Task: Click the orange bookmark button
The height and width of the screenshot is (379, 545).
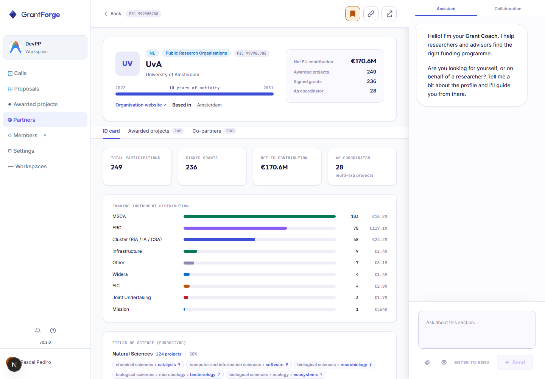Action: tap(353, 14)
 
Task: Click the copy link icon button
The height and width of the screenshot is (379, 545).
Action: tap(371, 14)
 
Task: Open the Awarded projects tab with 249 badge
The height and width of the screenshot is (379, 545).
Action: tap(156, 131)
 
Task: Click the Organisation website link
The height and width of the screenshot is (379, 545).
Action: tap(141, 105)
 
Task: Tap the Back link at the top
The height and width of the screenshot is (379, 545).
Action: tap(113, 14)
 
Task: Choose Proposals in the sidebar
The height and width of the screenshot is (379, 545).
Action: tap(23, 89)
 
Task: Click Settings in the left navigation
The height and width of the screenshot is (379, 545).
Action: tap(21, 151)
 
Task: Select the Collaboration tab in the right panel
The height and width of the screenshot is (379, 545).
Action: tap(508, 9)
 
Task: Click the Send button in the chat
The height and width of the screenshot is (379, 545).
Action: tap(515, 362)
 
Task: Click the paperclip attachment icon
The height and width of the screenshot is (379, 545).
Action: tap(427, 362)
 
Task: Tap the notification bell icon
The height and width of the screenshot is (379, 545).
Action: tap(38, 330)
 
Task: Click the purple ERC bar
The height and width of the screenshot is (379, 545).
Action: tap(235, 228)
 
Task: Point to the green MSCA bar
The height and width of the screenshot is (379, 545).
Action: tap(260, 216)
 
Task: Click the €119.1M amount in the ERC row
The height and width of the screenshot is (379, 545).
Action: tap(378, 228)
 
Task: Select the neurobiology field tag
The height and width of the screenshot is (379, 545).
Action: tap(335, 365)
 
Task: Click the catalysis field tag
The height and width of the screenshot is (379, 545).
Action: tap(148, 365)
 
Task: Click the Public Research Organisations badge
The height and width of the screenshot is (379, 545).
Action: tap(196, 53)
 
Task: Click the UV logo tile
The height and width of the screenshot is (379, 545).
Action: tap(128, 64)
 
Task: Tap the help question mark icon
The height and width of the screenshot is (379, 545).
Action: tap(53, 330)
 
